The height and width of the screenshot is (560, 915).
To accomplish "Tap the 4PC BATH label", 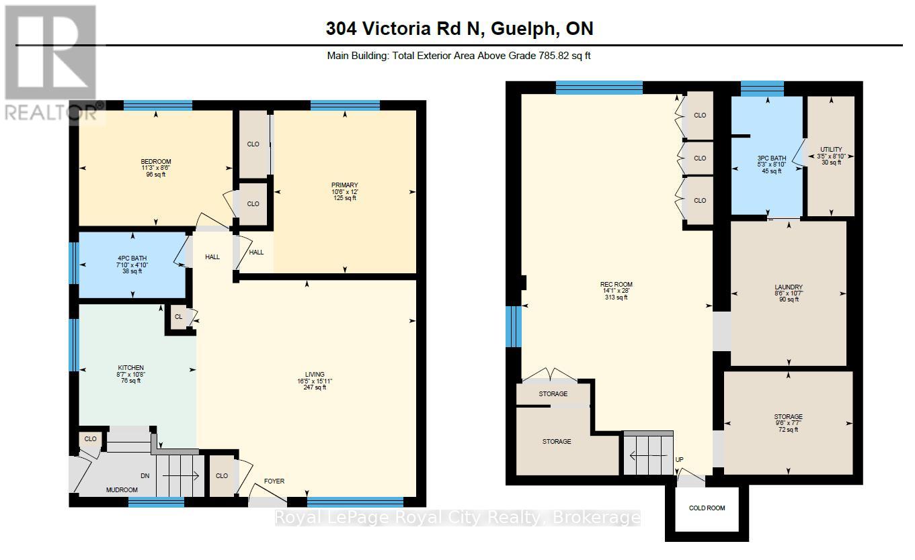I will click(x=132, y=259).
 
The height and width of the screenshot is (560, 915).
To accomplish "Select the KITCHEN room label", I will click(x=131, y=368).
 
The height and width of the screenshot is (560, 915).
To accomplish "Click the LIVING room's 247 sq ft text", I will click(x=314, y=387).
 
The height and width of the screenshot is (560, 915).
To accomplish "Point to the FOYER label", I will click(x=274, y=481).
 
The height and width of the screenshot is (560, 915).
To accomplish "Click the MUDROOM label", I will click(x=122, y=490).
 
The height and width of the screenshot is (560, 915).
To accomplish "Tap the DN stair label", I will click(x=145, y=476).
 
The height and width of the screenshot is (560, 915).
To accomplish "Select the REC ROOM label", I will click(x=616, y=285).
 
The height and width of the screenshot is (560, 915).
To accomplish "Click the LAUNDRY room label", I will click(x=788, y=287).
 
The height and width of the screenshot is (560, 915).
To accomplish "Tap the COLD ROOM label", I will click(x=707, y=508).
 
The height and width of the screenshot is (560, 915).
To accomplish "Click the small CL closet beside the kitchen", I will click(x=178, y=317).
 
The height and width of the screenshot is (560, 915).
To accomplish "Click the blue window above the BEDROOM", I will click(x=157, y=105).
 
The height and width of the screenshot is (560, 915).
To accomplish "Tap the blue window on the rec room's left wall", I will click(x=514, y=326).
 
